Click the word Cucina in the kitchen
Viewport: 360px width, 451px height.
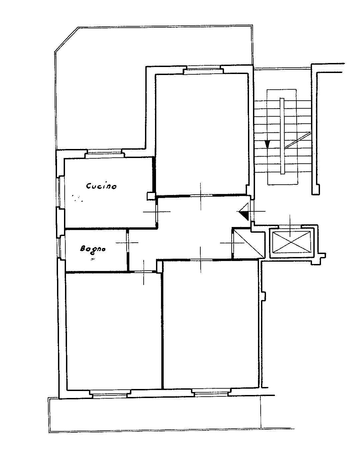101,186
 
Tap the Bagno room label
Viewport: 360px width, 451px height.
93,249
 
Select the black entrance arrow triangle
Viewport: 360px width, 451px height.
243,212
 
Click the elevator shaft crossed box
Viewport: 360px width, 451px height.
291,242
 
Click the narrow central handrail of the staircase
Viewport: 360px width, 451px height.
282,136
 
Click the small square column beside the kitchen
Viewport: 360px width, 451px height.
150,196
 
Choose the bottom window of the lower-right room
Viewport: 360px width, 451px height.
211,393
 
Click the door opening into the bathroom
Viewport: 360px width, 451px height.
127,243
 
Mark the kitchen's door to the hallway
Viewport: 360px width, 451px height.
157,212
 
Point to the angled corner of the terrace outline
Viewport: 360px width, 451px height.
66,39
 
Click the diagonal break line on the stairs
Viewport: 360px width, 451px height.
298,140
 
